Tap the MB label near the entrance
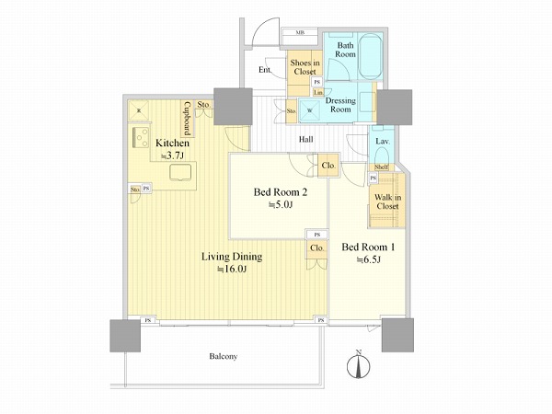(x=301, y=33)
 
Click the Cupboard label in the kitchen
(x=186, y=118)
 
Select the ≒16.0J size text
(x=234, y=270)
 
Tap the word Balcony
(x=224, y=355)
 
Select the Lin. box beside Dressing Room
(x=317, y=92)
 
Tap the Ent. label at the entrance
(x=264, y=70)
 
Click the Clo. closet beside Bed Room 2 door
(x=328, y=167)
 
